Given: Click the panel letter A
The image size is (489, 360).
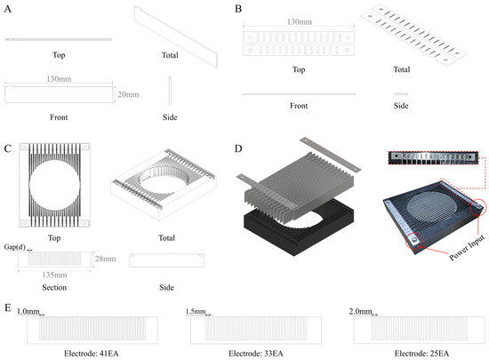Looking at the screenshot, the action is (8, 9).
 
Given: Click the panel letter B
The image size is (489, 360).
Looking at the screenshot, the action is (238, 9).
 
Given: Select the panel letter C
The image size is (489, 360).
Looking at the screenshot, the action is (8, 148).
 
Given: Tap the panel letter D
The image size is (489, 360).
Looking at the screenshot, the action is (238, 148).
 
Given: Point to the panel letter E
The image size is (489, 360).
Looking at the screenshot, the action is (8, 308).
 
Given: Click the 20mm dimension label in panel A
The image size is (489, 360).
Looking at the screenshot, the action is (128, 94).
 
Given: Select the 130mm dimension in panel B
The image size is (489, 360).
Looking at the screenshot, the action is (299, 22).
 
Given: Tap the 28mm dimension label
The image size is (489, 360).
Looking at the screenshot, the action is (106, 259).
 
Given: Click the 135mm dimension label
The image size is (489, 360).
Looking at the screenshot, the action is (54, 275).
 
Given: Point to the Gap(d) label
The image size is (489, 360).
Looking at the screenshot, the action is (14, 247).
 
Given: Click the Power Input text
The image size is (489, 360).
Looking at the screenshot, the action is (467, 248).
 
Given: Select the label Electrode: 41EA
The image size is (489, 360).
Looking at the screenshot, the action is (92, 354).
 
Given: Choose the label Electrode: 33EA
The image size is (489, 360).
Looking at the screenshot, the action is (256, 354).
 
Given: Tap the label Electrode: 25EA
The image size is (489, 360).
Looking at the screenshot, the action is (421, 354).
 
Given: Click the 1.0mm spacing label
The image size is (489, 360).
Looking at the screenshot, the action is (28, 311).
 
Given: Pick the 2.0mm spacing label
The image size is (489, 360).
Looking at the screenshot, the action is (360, 311).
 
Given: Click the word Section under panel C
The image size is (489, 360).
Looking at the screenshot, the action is (54, 287).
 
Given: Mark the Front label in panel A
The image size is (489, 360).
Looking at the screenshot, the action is (59, 117).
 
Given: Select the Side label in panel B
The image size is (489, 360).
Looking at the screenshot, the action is (401, 106).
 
